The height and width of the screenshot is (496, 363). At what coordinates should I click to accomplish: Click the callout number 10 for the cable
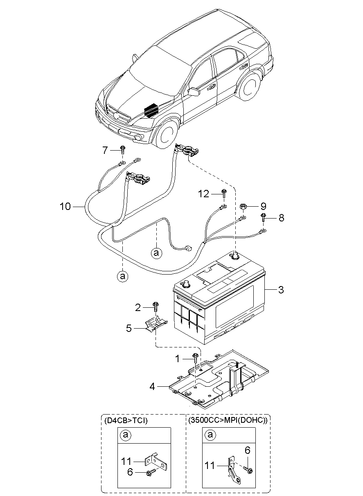tap(65, 206)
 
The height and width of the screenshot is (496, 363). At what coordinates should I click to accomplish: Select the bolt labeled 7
tap(122, 149)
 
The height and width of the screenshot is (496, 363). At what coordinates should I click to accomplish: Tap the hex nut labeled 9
tap(243, 207)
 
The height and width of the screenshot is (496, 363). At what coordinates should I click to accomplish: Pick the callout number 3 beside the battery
tap(281, 290)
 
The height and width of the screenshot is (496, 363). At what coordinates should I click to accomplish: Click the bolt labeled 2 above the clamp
tap(156, 307)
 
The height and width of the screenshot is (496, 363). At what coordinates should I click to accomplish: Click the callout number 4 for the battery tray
tap(152, 387)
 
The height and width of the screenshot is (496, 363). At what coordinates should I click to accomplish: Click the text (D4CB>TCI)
tap(126, 420)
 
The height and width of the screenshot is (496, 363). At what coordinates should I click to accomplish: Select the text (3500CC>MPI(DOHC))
tap(228, 420)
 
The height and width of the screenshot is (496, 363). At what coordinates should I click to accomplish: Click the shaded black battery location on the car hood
tap(151, 110)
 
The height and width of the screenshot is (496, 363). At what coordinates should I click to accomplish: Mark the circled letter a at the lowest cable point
tap(123, 276)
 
